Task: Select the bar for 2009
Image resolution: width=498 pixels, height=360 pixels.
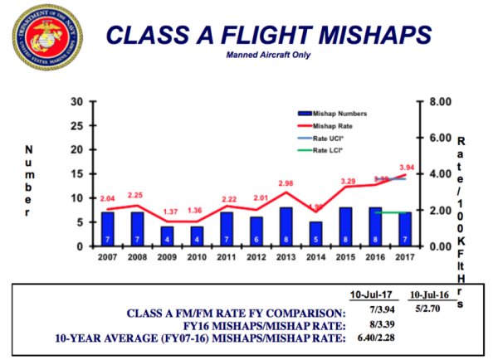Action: [x=167, y=236]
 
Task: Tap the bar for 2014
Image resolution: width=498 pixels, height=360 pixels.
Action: [x=315, y=234]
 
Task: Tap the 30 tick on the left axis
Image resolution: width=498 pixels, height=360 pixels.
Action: [x=76, y=101]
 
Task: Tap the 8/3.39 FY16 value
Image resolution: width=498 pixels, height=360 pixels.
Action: [x=370, y=323]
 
